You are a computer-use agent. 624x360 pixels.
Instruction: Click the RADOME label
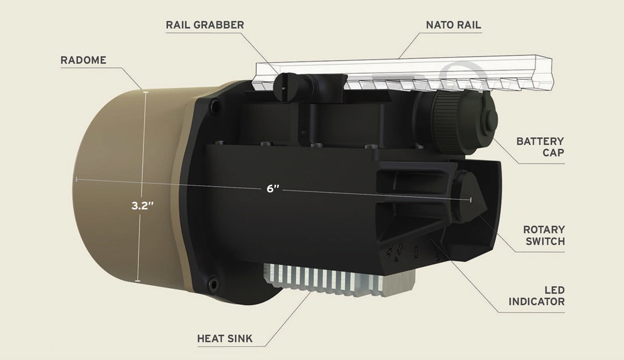tap(83, 60)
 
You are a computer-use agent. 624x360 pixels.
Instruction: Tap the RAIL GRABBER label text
tap(204, 25)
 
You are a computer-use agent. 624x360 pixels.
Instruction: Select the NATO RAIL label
tap(453, 25)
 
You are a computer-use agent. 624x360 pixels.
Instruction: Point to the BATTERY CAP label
tap(540, 146)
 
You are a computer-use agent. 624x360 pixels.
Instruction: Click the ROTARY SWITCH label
tap(543, 235)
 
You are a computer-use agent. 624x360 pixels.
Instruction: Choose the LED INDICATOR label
tap(536, 295)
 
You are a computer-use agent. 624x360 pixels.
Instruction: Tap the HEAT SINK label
tap(225, 339)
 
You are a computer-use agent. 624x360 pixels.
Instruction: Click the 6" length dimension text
tap(273, 189)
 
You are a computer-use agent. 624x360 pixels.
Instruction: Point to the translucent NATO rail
tap(406, 73)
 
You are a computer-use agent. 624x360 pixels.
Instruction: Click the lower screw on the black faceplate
tap(212, 284)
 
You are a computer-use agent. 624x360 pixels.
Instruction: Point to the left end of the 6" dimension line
tap(76, 178)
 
